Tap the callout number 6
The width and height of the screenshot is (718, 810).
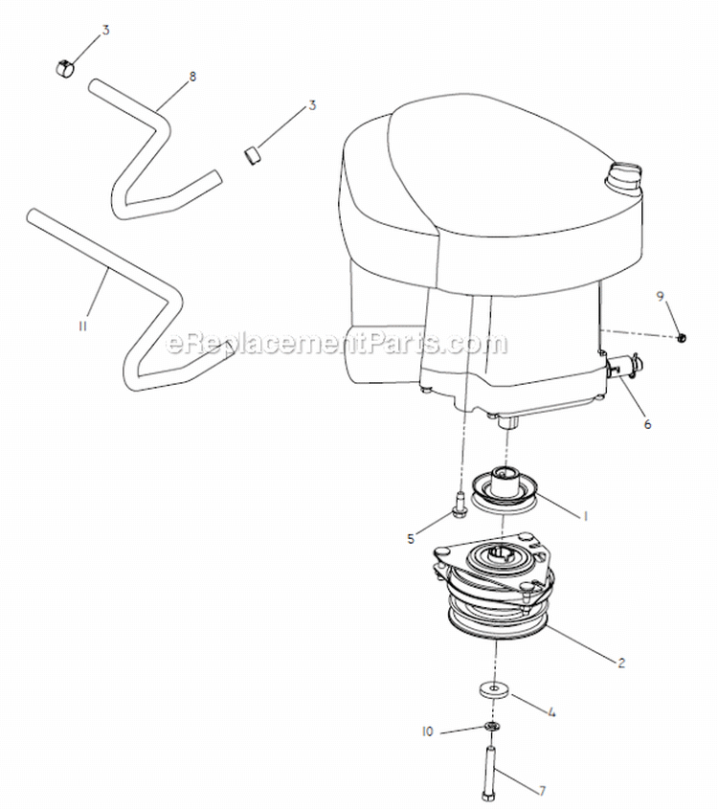point(646,424)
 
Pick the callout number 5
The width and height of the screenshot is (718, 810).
point(411,539)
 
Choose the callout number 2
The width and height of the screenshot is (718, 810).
point(621,662)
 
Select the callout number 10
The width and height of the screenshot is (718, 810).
point(427,731)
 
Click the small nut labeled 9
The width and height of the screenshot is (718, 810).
point(682,336)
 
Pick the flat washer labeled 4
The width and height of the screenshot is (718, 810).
point(496,689)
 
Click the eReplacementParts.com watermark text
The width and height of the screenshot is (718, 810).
point(337,343)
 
